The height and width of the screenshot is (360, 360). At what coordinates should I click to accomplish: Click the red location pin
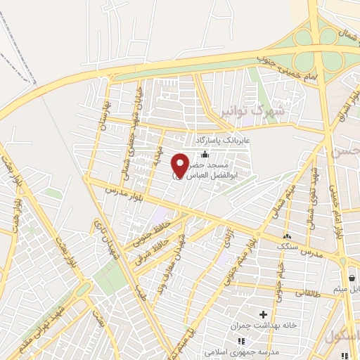(x=180, y=165)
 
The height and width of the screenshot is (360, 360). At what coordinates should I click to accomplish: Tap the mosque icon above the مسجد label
(x=205, y=155)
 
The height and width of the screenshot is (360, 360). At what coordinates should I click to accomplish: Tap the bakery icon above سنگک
(x=287, y=236)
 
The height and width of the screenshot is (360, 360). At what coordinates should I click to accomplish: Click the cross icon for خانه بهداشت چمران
(x=264, y=314)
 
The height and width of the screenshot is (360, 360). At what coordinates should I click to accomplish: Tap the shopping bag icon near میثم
(x=352, y=278)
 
